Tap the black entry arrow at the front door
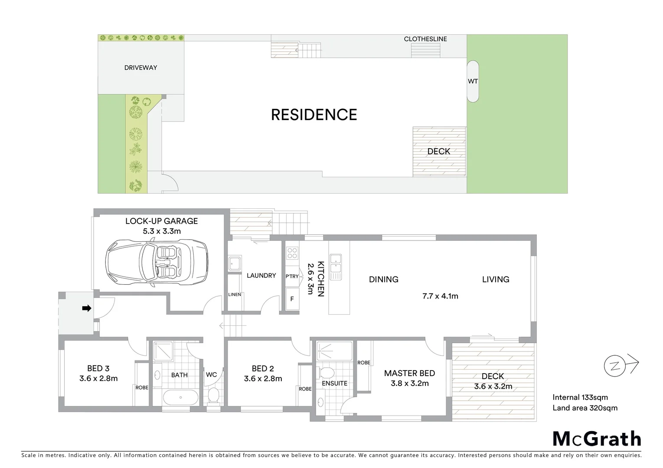pyautogui.click(x=87, y=308)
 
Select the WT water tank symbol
pyautogui.click(x=473, y=81)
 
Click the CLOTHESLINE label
pyautogui.click(x=425, y=39)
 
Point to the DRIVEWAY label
pyautogui.click(x=140, y=68)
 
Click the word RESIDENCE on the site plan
pyautogui.click(x=314, y=115)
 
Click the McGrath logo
pyautogui.click(x=597, y=439)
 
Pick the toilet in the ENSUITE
pyautogui.click(x=326, y=372)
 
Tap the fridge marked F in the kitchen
pyautogui.click(x=292, y=299)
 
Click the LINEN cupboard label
pyautogui.click(x=235, y=295)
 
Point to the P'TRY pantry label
pyautogui.click(x=292, y=276)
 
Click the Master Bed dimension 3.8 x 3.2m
pyautogui.click(x=409, y=383)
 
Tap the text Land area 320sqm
pyautogui.click(x=585, y=408)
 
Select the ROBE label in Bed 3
pyautogui.click(x=142, y=387)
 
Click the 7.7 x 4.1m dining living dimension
pyautogui.click(x=440, y=296)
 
